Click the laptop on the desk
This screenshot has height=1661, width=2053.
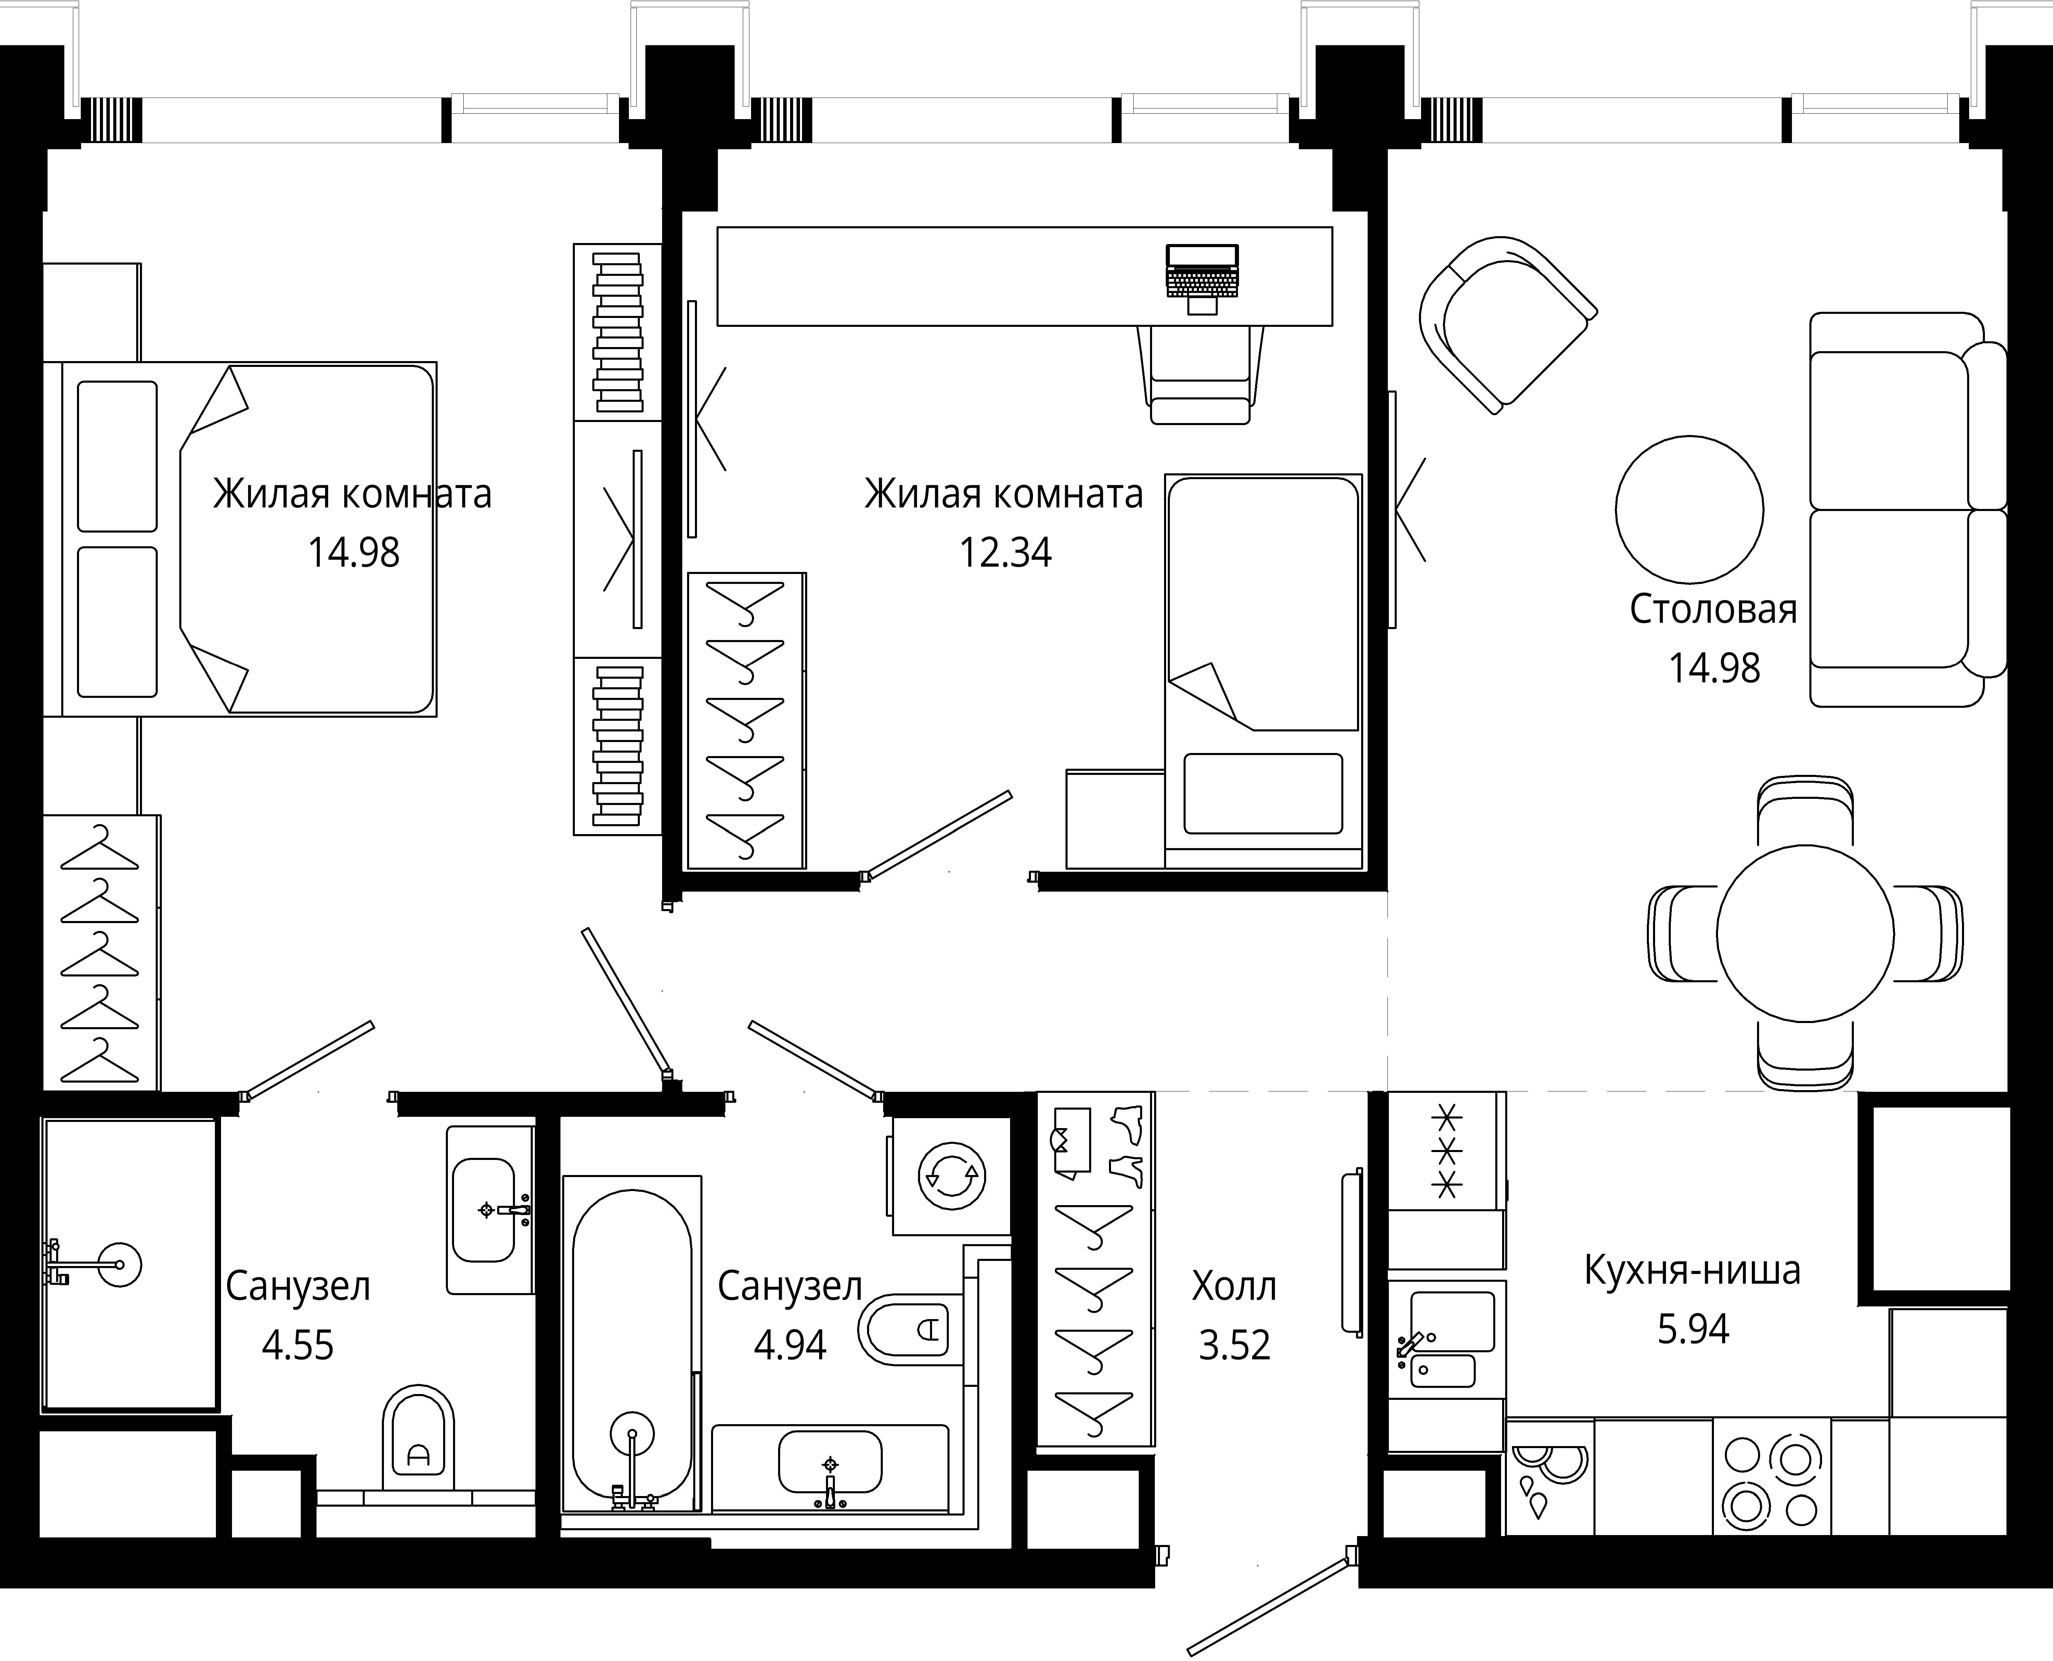coord(1202,278)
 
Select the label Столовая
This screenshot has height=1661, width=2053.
coord(1713,610)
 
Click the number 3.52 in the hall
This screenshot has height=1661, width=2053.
coord(1234,1345)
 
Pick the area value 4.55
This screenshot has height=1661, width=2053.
coord(298,1345)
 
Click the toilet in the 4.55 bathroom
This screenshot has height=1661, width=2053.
coord(418,1443)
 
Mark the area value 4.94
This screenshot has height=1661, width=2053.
coord(790,1345)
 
